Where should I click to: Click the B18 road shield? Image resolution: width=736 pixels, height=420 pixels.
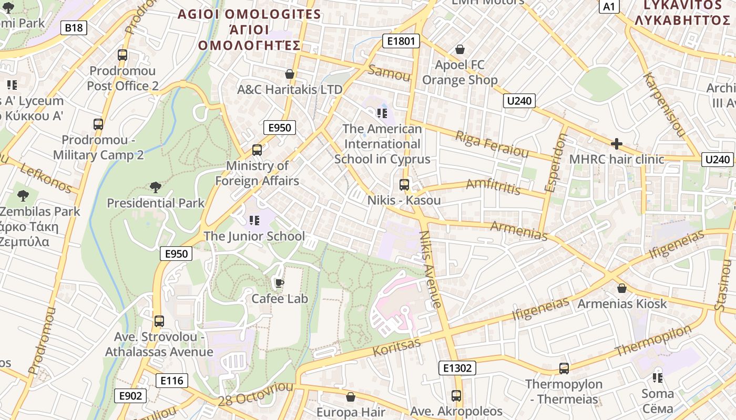(x=74, y=28)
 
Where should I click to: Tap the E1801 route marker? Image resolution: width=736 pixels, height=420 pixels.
(x=401, y=41)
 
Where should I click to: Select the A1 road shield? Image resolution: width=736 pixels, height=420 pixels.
(x=609, y=6)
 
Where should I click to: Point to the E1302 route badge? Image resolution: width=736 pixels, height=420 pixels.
(x=457, y=368)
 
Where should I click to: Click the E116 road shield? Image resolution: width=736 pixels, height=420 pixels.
(x=171, y=380)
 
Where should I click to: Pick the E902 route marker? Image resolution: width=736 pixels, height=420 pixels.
(x=130, y=395)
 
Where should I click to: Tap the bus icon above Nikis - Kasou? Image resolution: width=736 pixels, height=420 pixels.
(x=404, y=184)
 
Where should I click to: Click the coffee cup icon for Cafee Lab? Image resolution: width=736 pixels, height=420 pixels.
(x=279, y=283)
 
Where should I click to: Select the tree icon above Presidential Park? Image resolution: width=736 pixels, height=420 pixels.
(x=155, y=187)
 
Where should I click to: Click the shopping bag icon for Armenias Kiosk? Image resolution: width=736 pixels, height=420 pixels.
(x=621, y=288)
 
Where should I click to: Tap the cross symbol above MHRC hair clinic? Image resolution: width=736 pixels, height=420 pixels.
(x=616, y=143)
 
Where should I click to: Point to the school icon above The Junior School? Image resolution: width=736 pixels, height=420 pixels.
(x=254, y=220)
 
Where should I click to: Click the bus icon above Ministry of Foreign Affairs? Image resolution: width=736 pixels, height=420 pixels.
(x=257, y=150)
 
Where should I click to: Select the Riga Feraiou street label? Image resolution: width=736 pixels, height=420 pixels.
(x=492, y=144)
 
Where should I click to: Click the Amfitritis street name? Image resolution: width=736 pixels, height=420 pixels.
(x=493, y=186)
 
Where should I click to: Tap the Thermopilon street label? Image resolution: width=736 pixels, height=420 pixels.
(x=653, y=341)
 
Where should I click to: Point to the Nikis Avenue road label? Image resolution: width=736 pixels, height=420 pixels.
(x=431, y=269)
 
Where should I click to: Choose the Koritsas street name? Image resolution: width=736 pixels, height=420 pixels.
(x=396, y=347)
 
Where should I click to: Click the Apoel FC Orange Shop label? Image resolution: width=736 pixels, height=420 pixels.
(x=459, y=72)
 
